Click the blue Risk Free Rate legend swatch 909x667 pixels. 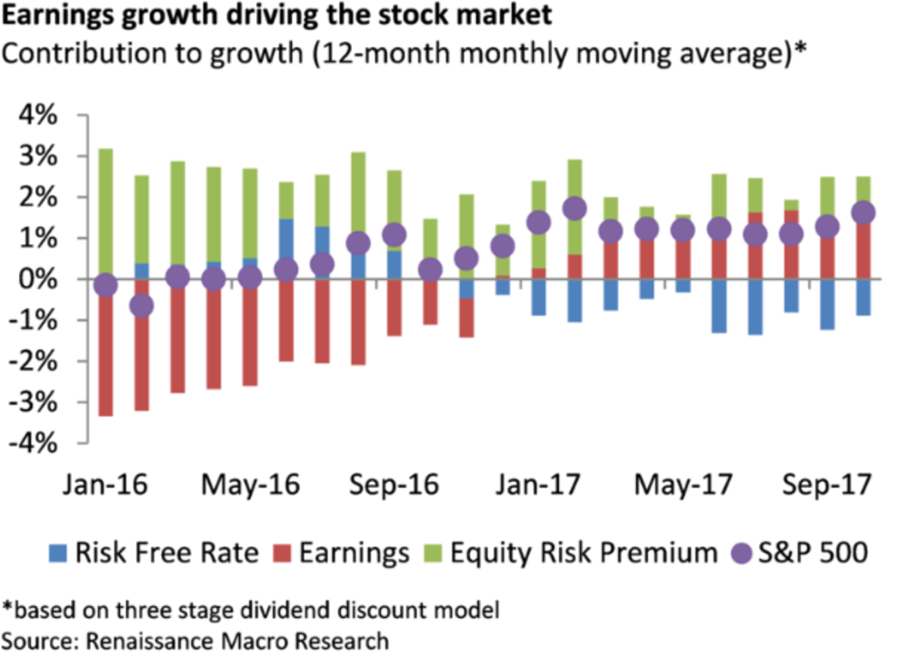pos(57,552)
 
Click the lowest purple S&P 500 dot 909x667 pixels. pos(141,306)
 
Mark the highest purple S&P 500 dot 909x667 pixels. pos(574,209)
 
